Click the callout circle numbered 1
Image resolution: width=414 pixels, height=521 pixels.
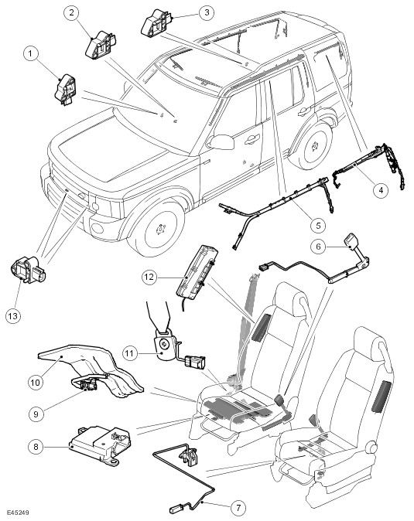[x=31, y=54]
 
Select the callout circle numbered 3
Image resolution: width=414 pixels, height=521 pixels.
[x=207, y=12]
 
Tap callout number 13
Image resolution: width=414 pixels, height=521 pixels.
[x=13, y=315]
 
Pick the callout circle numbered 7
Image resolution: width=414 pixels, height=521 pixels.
[x=238, y=508]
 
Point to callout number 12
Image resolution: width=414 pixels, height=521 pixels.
[x=149, y=277]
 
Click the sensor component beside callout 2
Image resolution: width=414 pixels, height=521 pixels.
[x=101, y=46]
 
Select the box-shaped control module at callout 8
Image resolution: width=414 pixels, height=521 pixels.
[x=100, y=444]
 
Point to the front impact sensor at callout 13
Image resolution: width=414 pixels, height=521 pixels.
[x=29, y=269]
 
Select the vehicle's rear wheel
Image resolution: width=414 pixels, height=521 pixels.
[x=312, y=146]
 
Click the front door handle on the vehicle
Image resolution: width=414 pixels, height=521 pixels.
[x=252, y=139]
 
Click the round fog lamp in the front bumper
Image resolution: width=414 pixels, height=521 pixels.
[x=98, y=229]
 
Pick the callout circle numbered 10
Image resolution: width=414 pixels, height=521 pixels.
[x=36, y=382]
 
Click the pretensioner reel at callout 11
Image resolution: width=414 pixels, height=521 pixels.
[x=164, y=346]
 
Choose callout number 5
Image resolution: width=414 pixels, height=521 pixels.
[x=318, y=225]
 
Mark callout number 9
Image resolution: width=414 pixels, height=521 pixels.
[x=36, y=414]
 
